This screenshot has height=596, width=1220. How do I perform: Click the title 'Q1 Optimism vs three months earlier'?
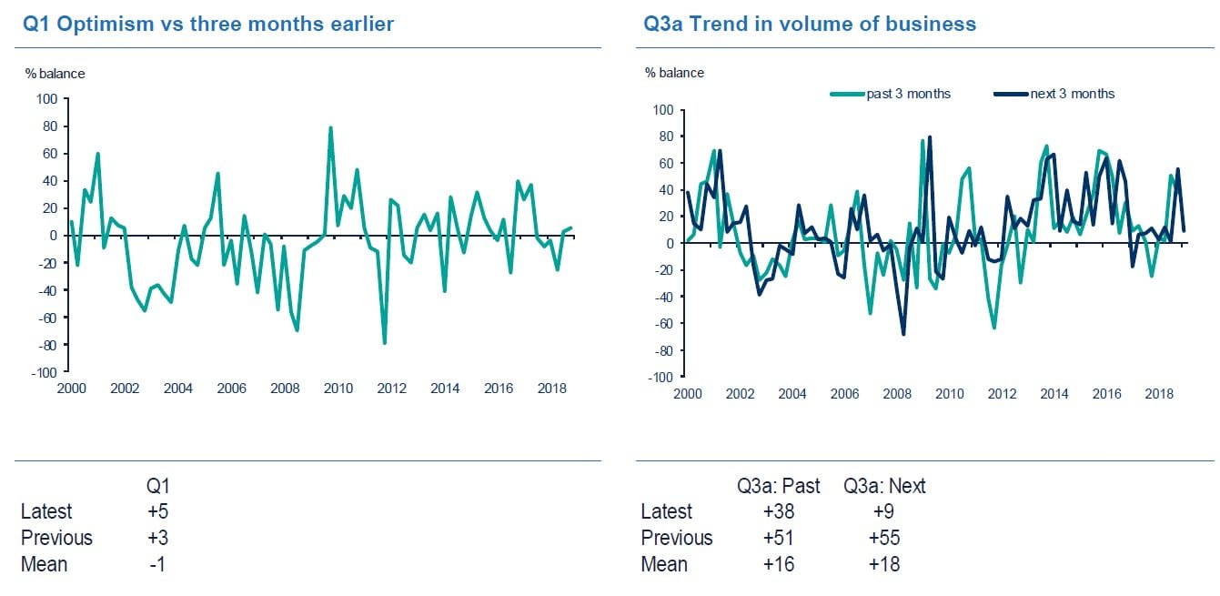point(208,24)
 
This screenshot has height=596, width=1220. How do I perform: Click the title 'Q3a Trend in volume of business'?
point(810,24)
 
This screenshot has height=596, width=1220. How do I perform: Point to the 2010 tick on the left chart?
point(338,389)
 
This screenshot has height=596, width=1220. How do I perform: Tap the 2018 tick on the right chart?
point(1159,394)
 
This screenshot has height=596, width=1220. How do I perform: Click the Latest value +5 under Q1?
point(158,511)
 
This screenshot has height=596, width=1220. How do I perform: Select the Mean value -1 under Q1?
point(158,564)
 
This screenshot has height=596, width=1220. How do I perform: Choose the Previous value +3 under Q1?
point(158,538)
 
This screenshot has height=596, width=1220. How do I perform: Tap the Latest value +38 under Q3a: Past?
point(779,511)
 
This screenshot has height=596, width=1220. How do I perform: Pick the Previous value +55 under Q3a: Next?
point(885,538)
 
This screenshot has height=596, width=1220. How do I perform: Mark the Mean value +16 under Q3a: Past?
point(779,564)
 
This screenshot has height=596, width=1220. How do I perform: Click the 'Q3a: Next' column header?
point(885,486)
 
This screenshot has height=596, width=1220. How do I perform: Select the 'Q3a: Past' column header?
point(779,486)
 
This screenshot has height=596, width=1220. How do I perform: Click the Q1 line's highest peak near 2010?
point(330,127)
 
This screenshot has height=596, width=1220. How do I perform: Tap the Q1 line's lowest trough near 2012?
point(384,343)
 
